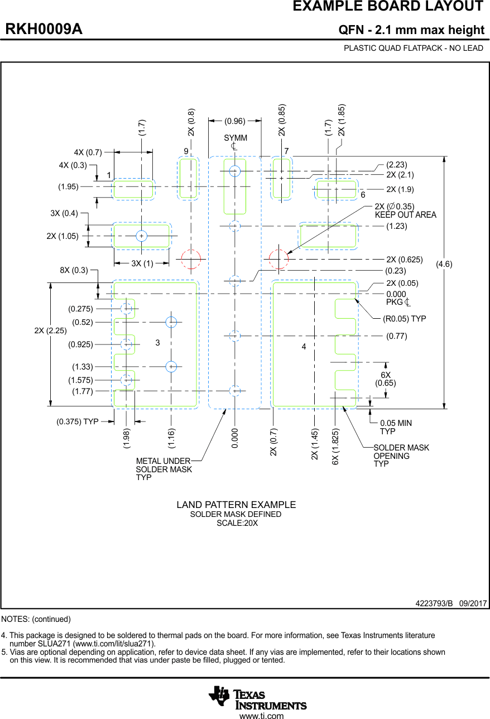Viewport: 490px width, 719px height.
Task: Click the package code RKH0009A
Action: (44, 30)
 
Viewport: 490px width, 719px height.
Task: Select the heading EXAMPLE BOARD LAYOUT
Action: (388, 7)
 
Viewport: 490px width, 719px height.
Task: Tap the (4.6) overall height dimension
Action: (444, 265)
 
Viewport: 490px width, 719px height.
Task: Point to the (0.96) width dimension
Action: (235, 121)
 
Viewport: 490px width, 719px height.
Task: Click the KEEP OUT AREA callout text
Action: (405, 215)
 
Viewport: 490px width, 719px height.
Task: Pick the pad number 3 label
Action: (158, 343)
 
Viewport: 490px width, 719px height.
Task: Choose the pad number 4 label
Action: (304, 347)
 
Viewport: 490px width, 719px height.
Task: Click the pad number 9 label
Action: (186, 151)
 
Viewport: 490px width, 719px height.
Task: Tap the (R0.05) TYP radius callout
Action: (404, 319)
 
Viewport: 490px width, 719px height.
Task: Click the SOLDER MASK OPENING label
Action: (401, 456)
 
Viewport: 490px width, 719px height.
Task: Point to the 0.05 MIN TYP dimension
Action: (395, 427)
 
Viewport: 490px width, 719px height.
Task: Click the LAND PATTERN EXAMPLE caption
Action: (236, 505)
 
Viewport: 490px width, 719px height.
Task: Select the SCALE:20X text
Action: (237, 523)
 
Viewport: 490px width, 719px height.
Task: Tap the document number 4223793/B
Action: (434, 603)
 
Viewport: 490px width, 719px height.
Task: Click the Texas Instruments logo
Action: (257, 698)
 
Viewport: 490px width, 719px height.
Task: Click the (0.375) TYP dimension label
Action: (77, 421)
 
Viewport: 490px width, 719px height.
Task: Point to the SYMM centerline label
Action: (235, 138)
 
